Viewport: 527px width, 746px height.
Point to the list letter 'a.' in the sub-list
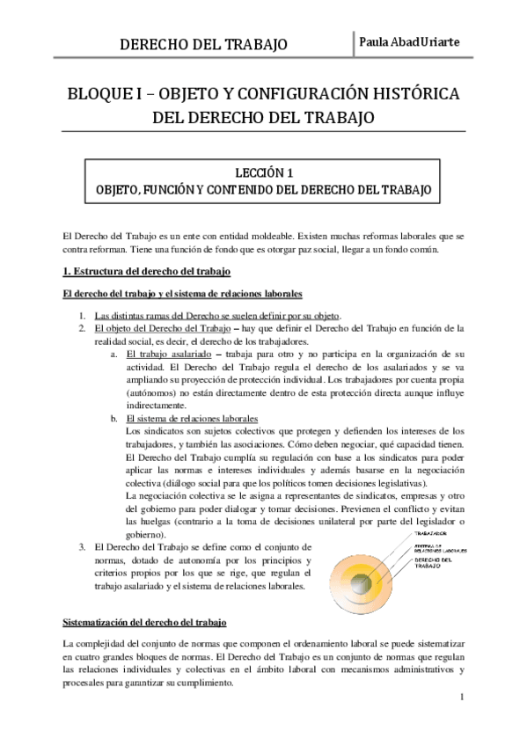[115, 353]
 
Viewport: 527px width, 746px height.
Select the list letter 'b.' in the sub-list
[115, 418]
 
